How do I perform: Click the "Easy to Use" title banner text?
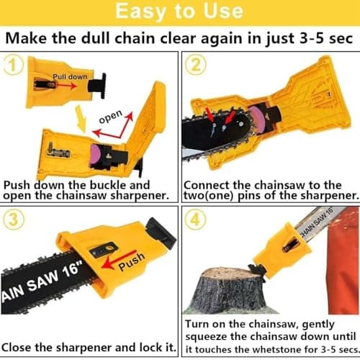pos(179,12)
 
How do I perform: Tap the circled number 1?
pos(14,65)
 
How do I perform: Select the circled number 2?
pos(196,65)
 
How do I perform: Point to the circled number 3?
pos(14,220)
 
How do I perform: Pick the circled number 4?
pos(196,220)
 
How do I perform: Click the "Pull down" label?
pos(70,77)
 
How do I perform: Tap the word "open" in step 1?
pos(111,117)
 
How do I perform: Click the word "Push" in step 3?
pos(132,261)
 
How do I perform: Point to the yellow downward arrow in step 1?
pos(81,118)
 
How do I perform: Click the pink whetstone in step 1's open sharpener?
pos(96,156)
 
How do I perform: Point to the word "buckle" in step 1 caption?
pos(108,185)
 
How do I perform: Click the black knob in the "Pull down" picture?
pos(97,86)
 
